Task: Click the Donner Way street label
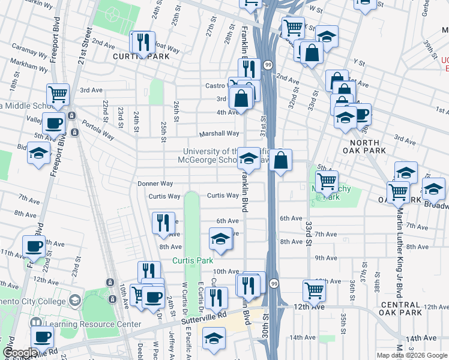(155, 184)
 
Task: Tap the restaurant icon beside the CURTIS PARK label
(143, 42)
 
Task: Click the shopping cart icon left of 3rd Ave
(58, 94)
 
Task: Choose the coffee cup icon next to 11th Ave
(34, 246)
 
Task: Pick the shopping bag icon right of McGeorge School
(280, 160)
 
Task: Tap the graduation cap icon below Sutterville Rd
(214, 338)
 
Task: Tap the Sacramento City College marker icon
(75, 299)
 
